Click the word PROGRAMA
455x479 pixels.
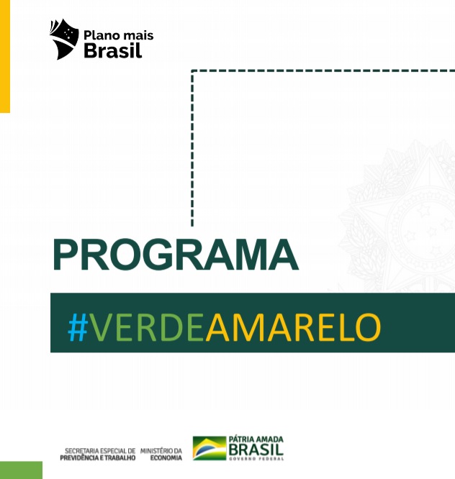176,255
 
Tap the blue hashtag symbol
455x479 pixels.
78,327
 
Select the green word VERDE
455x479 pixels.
147,327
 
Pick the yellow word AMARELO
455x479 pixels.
293,327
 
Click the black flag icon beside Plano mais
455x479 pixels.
64,39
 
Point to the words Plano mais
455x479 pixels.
119,35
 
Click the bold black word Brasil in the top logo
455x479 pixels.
113,50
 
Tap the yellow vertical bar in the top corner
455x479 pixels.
5,56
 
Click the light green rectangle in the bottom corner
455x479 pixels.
21,470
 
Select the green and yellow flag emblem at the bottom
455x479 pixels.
210,448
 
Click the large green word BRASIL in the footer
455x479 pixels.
256,449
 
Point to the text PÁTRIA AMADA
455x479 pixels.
256,439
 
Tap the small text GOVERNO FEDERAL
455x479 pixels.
256,459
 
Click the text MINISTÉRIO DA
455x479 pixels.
161,451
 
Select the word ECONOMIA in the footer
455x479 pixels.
166,457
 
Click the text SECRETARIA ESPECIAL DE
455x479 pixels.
100,451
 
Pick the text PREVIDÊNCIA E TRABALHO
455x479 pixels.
97,457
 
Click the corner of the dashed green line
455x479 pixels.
192,71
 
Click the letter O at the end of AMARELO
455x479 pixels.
369,327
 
